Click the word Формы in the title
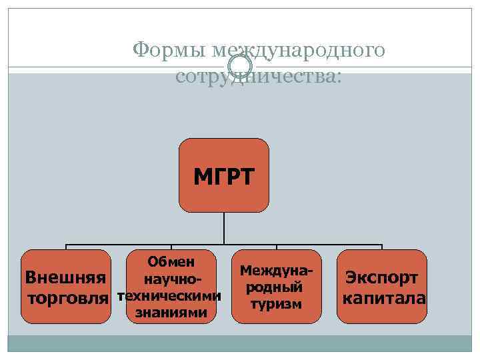point(170,51)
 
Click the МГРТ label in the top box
point(224,177)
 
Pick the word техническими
point(169,295)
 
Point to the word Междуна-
point(276,271)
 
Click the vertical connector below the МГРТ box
point(224,228)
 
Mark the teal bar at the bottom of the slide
point(240,343)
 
